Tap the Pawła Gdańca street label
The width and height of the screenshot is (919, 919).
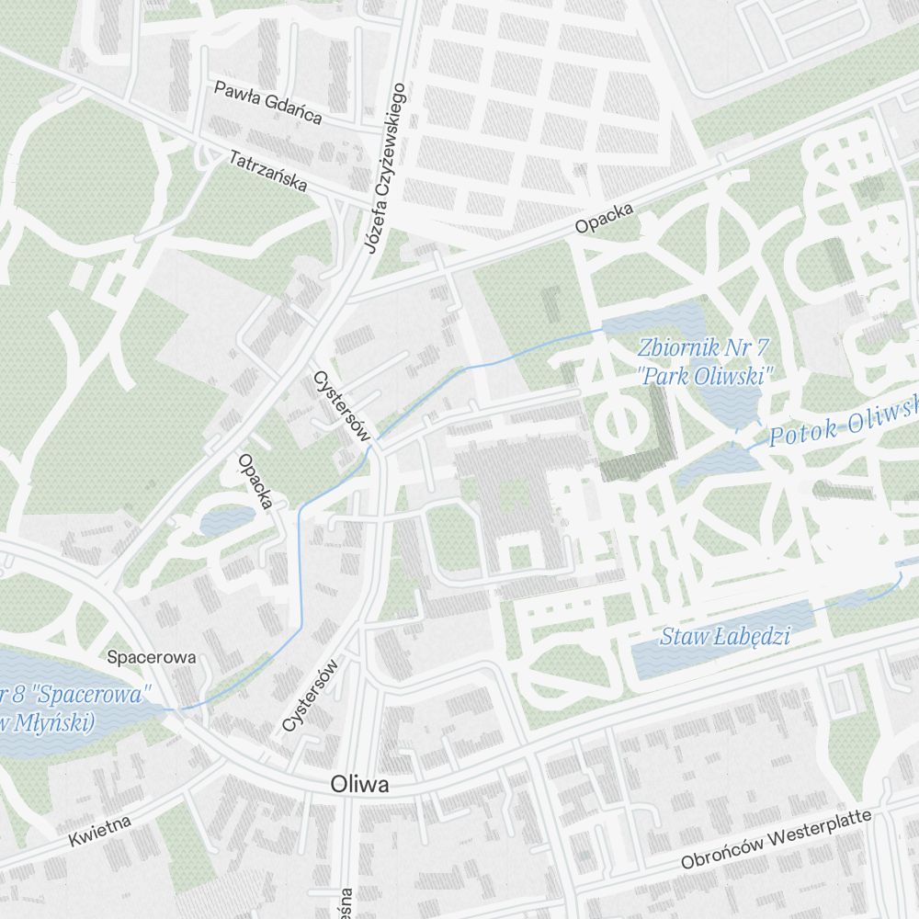coord(267,101)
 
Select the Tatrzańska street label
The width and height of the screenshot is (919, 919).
coord(268,171)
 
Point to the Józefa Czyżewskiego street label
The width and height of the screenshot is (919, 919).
coord(384,168)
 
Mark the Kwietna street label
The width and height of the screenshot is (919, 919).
coord(100,829)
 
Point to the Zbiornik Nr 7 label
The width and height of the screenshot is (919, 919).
coord(703,347)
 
